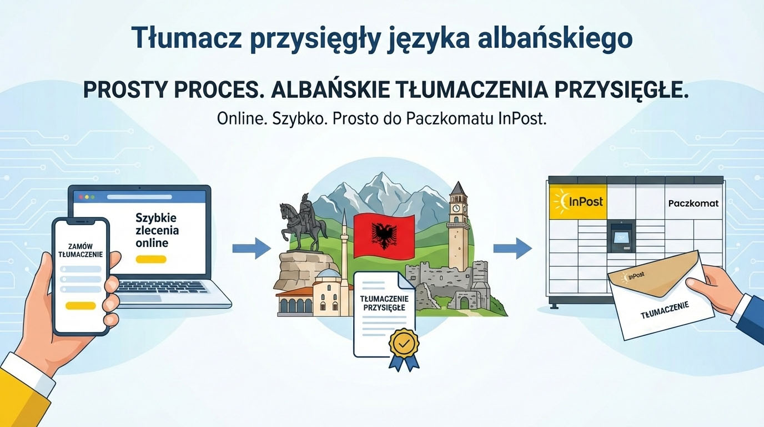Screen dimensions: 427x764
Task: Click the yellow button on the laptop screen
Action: point(150,259)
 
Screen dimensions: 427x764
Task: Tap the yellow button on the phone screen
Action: point(81,305)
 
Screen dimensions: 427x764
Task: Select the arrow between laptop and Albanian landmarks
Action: point(251,247)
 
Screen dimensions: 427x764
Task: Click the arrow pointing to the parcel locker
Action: point(512,247)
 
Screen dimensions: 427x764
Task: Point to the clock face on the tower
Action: point(456,208)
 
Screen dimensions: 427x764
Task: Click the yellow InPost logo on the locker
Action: point(576,201)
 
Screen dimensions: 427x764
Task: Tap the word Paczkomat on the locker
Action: point(693,203)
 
